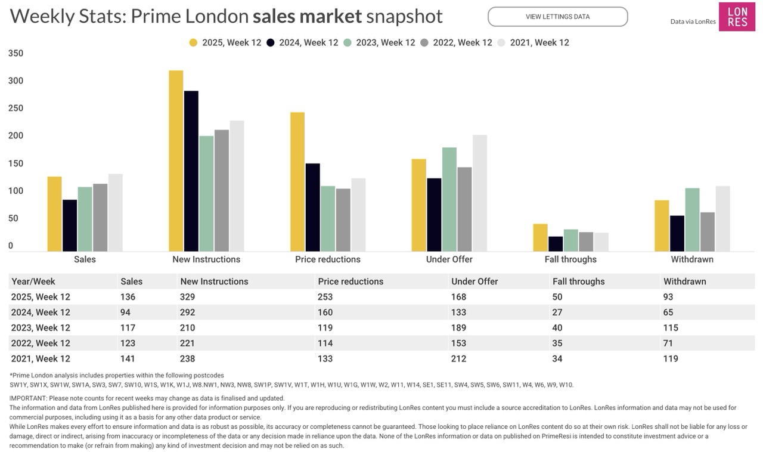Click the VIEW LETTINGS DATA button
tap(557, 17)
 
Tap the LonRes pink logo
tap(737, 17)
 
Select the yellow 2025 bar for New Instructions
tap(176, 161)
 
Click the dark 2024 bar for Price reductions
tap(312, 207)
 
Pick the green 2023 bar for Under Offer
tap(449, 199)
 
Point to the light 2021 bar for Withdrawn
tap(722, 218)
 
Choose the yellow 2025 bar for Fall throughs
tap(540, 237)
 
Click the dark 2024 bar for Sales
tap(70, 225)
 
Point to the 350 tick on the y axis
tap(16, 53)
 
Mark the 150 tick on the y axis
tap(16, 163)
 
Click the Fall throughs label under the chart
tap(570, 259)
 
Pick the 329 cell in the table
tap(187, 297)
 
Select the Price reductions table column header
tap(351, 281)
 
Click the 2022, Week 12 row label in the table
tap(41, 343)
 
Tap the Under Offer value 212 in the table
tap(459, 359)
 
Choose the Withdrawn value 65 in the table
tap(668, 312)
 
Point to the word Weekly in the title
tap(42, 16)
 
